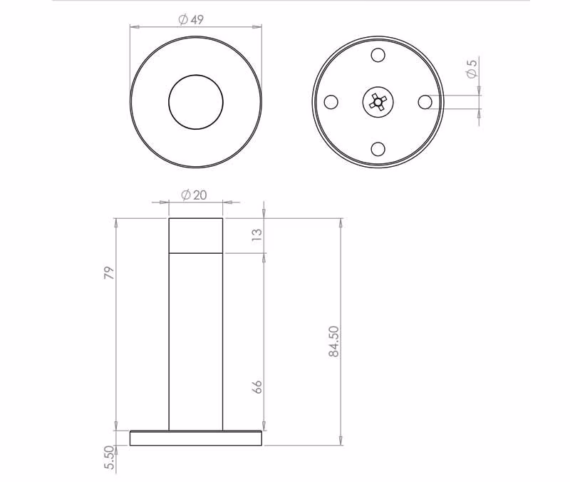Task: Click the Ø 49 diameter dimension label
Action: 191,20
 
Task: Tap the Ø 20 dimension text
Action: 194,195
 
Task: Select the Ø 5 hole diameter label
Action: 472,68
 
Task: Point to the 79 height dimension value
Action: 109,272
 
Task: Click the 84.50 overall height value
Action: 333,342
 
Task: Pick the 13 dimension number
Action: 256,235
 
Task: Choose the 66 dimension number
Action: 256,386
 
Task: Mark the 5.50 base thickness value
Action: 109,458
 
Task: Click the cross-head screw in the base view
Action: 378,102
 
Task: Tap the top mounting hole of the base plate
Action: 378,55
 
